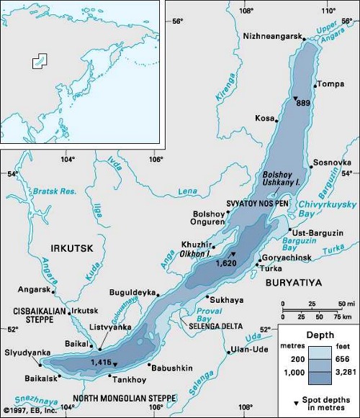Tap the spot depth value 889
(x=303, y=104)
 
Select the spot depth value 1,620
(x=226, y=263)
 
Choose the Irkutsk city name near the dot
(x=84, y=310)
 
